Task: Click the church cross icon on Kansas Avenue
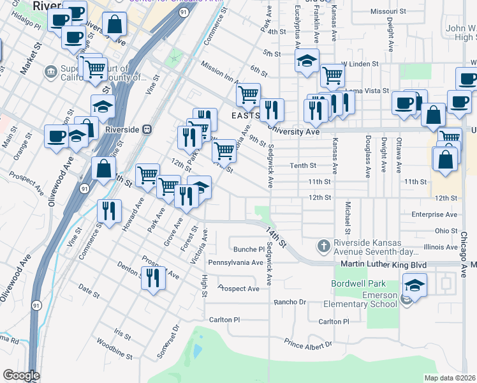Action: click(x=324, y=246)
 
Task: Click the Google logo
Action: click(x=21, y=375)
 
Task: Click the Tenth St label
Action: click(x=304, y=165)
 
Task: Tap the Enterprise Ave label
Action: click(x=435, y=215)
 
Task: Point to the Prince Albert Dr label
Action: click(x=309, y=344)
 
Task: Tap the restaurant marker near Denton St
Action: click(x=152, y=278)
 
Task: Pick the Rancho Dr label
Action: click(x=290, y=302)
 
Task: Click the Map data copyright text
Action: click(x=450, y=378)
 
